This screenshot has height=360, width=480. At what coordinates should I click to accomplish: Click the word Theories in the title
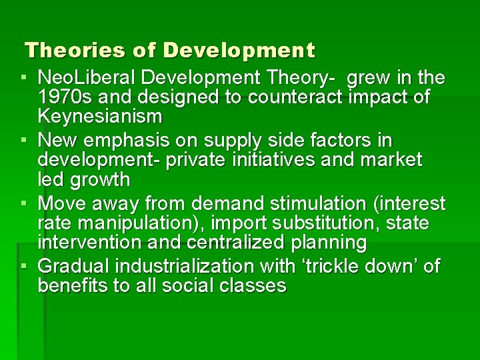(x=65, y=50)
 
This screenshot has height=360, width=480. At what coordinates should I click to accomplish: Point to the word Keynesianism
(x=100, y=117)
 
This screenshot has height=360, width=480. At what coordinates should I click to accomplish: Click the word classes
(x=255, y=286)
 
